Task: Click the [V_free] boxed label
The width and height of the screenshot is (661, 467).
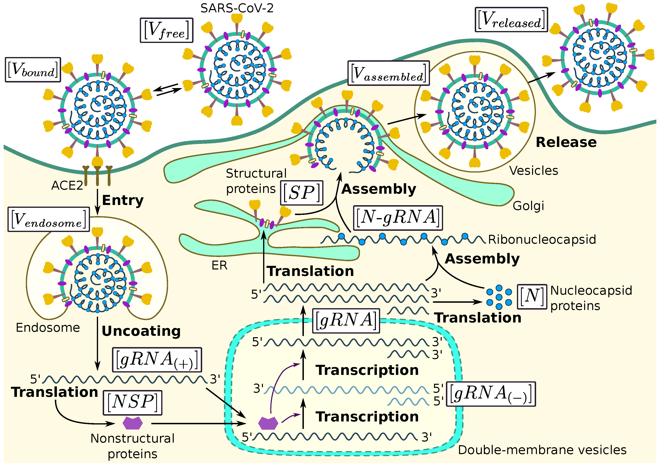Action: pyautogui.click(x=166, y=30)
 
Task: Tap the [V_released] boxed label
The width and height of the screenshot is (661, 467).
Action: pyautogui.click(x=511, y=20)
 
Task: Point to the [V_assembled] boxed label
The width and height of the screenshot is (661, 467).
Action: pyautogui.click(x=388, y=73)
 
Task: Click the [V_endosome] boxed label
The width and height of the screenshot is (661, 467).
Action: pyautogui.click(x=48, y=219)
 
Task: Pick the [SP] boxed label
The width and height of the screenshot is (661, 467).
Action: pyautogui.click(x=301, y=193)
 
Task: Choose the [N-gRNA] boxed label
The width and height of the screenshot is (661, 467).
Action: pyautogui.click(x=397, y=218)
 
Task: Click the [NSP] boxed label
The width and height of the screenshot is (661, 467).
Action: pyautogui.click(x=132, y=403)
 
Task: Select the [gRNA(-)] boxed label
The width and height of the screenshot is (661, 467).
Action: pyautogui.click(x=491, y=394)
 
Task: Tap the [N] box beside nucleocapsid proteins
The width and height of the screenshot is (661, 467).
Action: pyautogui.click(x=532, y=297)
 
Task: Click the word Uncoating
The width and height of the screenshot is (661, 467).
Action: pyautogui.click(x=141, y=331)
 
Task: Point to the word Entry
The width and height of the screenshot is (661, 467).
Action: pyautogui.click(x=123, y=200)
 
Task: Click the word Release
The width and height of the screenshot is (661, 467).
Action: pyautogui.click(x=566, y=142)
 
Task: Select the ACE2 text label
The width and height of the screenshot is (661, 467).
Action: pyautogui.click(x=67, y=186)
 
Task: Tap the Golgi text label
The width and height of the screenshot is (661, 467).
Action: pyautogui.click(x=528, y=206)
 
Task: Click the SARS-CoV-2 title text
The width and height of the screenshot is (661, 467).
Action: pyautogui.click(x=237, y=8)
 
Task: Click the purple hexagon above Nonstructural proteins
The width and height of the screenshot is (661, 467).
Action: pyautogui.click(x=132, y=423)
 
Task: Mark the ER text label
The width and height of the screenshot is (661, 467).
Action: pyautogui.click(x=219, y=265)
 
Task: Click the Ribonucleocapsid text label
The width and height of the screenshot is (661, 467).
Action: pyautogui.click(x=542, y=239)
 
